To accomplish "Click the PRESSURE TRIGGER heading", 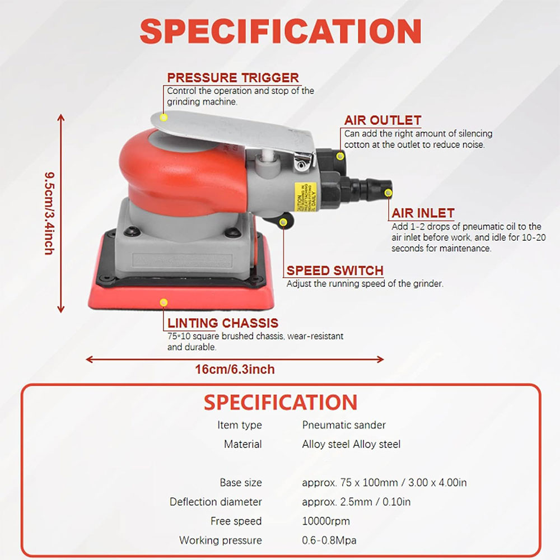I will click(233, 78).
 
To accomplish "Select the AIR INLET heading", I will click(423, 213).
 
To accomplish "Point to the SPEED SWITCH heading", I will click(335, 271).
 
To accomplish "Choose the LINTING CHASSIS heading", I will click(223, 323).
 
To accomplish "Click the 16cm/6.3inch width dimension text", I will click(235, 370).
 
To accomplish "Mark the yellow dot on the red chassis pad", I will click(163, 302).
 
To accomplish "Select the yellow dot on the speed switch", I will click(283, 223).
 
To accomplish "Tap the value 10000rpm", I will click(326, 521).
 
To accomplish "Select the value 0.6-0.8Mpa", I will click(329, 540).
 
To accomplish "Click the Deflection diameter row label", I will click(216, 502).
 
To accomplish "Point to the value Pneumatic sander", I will click(344, 425).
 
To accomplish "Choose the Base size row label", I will click(240, 483).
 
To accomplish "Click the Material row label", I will click(242, 444).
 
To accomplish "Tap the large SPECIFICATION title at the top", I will click(280, 31).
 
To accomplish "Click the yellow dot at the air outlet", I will click(339, 156).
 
